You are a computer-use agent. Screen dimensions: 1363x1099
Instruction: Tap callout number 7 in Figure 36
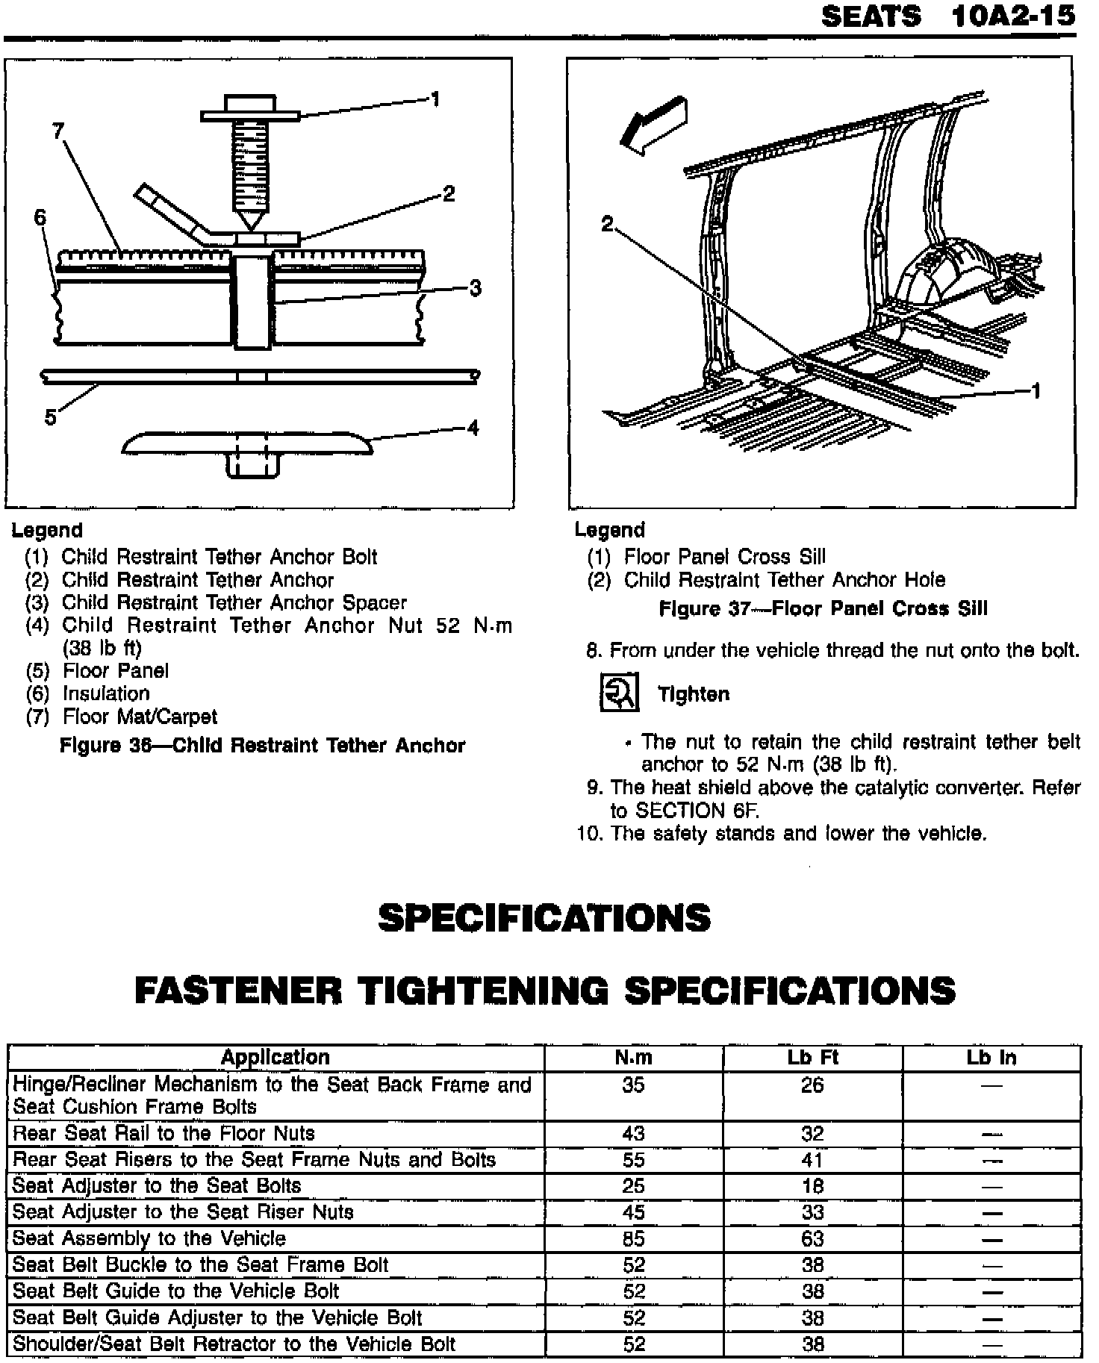click(x=59, y=131)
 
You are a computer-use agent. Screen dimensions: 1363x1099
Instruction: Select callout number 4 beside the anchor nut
click(x=472, y=428)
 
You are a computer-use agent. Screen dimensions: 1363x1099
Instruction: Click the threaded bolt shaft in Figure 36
click(x=249, y=165)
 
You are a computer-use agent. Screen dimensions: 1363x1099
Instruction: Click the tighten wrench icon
click(x=619, y=693)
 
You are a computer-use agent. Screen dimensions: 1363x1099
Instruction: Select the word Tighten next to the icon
click(x=693, y=694)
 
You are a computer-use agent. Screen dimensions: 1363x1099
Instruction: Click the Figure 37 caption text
click(x=823, y=608)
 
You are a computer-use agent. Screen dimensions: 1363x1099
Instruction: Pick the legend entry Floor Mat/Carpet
click(x=140, y=717)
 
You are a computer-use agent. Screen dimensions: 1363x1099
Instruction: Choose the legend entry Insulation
click(x=106, y=693)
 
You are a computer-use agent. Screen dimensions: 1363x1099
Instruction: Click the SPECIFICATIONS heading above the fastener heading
click(x=544, y=917)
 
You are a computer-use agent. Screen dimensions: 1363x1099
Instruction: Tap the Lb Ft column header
click(x=812, y=1057)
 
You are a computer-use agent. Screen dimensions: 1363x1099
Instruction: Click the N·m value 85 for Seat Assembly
click(x=633, y=1238)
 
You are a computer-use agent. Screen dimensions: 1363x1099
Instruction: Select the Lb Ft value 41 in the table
click(x=812, y=1159)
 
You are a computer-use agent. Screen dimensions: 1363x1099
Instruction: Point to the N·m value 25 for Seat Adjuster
click(x=633, y=1185)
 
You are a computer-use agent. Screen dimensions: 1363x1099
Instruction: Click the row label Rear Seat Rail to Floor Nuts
click(x=164, y=1133)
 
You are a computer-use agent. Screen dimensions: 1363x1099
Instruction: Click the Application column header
click(x=275, y=1057)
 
